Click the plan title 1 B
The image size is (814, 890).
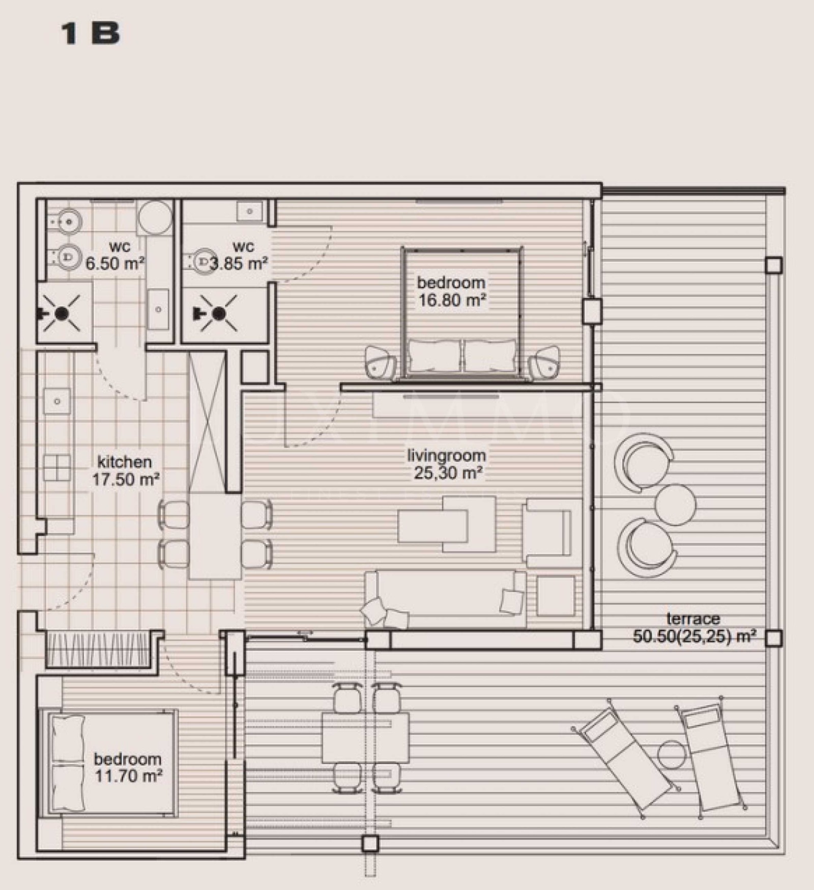click(x=91, y=34)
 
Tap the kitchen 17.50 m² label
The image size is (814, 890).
click(x=125, y=470)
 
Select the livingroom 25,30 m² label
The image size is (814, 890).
click(x=447, y=464)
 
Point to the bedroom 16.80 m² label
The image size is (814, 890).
click(x=451, y=291)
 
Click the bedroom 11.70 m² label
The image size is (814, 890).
click(x=128, y=767)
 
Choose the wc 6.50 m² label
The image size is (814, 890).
click(x=115, y=256)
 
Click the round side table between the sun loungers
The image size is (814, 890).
click(x=672, y=755)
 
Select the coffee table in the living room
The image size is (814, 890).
click(x=446, y=524)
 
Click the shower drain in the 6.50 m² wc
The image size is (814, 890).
click(x=62, y=313)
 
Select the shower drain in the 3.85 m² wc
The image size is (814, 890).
click(x=219, y=313)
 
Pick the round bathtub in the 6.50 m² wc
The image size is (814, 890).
click(x=155, y=217)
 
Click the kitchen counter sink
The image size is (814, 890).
click(x=57, y=401)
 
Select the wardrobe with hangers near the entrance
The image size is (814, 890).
click(x=100, y=649)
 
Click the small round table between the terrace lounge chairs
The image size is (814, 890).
click(x=675, y=504)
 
